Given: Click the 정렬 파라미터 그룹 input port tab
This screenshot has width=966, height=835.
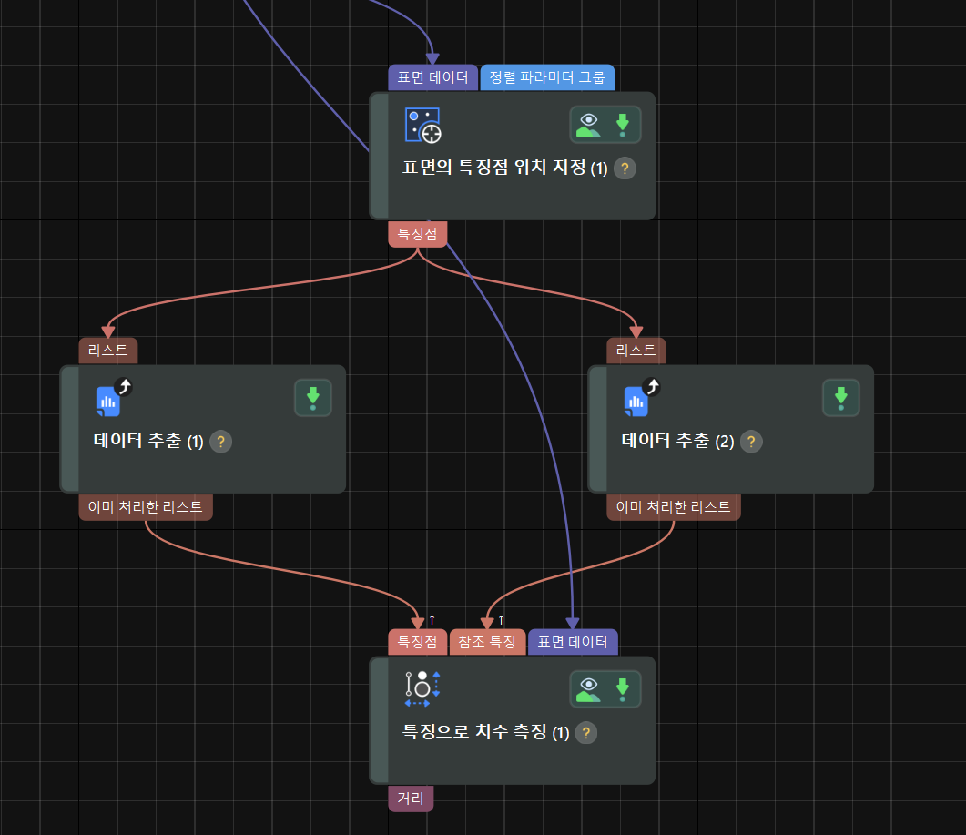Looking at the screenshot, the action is (x=547, y=77).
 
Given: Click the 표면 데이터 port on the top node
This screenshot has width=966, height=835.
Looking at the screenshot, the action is (x=432, y=77).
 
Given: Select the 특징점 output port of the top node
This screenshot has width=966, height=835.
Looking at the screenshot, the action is (x=418, y=234).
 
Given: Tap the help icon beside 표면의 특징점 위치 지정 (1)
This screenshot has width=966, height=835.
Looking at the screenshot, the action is (x=625, y=168).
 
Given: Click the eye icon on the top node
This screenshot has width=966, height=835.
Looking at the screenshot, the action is (x=588, y=125).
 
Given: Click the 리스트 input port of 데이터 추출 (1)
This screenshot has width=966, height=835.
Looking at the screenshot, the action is (x=107, y=351).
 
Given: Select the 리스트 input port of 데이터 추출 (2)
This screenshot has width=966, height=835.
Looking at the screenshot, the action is (x=636, y=351).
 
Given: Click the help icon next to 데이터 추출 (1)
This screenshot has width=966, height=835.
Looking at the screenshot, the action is (x=220, y=442).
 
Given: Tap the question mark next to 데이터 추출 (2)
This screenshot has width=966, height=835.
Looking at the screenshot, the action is (x=751, y=442).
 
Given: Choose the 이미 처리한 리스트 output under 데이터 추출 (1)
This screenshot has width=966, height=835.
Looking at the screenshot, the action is (x=146, y=507).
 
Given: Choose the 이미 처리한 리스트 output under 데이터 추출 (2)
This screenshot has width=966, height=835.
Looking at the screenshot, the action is (x=674, y=507).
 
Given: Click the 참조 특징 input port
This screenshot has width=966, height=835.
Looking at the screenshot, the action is (x=487, y=642).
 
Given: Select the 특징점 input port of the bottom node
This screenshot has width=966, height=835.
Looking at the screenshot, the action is (x=418, y=642).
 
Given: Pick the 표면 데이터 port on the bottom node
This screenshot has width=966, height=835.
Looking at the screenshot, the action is (x=573, y=642).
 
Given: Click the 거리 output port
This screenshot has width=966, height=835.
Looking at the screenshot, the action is (x=411, y=799).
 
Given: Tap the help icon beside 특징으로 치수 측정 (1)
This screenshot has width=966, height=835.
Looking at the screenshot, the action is (x=586, y=733).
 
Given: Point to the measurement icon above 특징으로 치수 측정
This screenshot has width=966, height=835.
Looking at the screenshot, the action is (x=422, y=688).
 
